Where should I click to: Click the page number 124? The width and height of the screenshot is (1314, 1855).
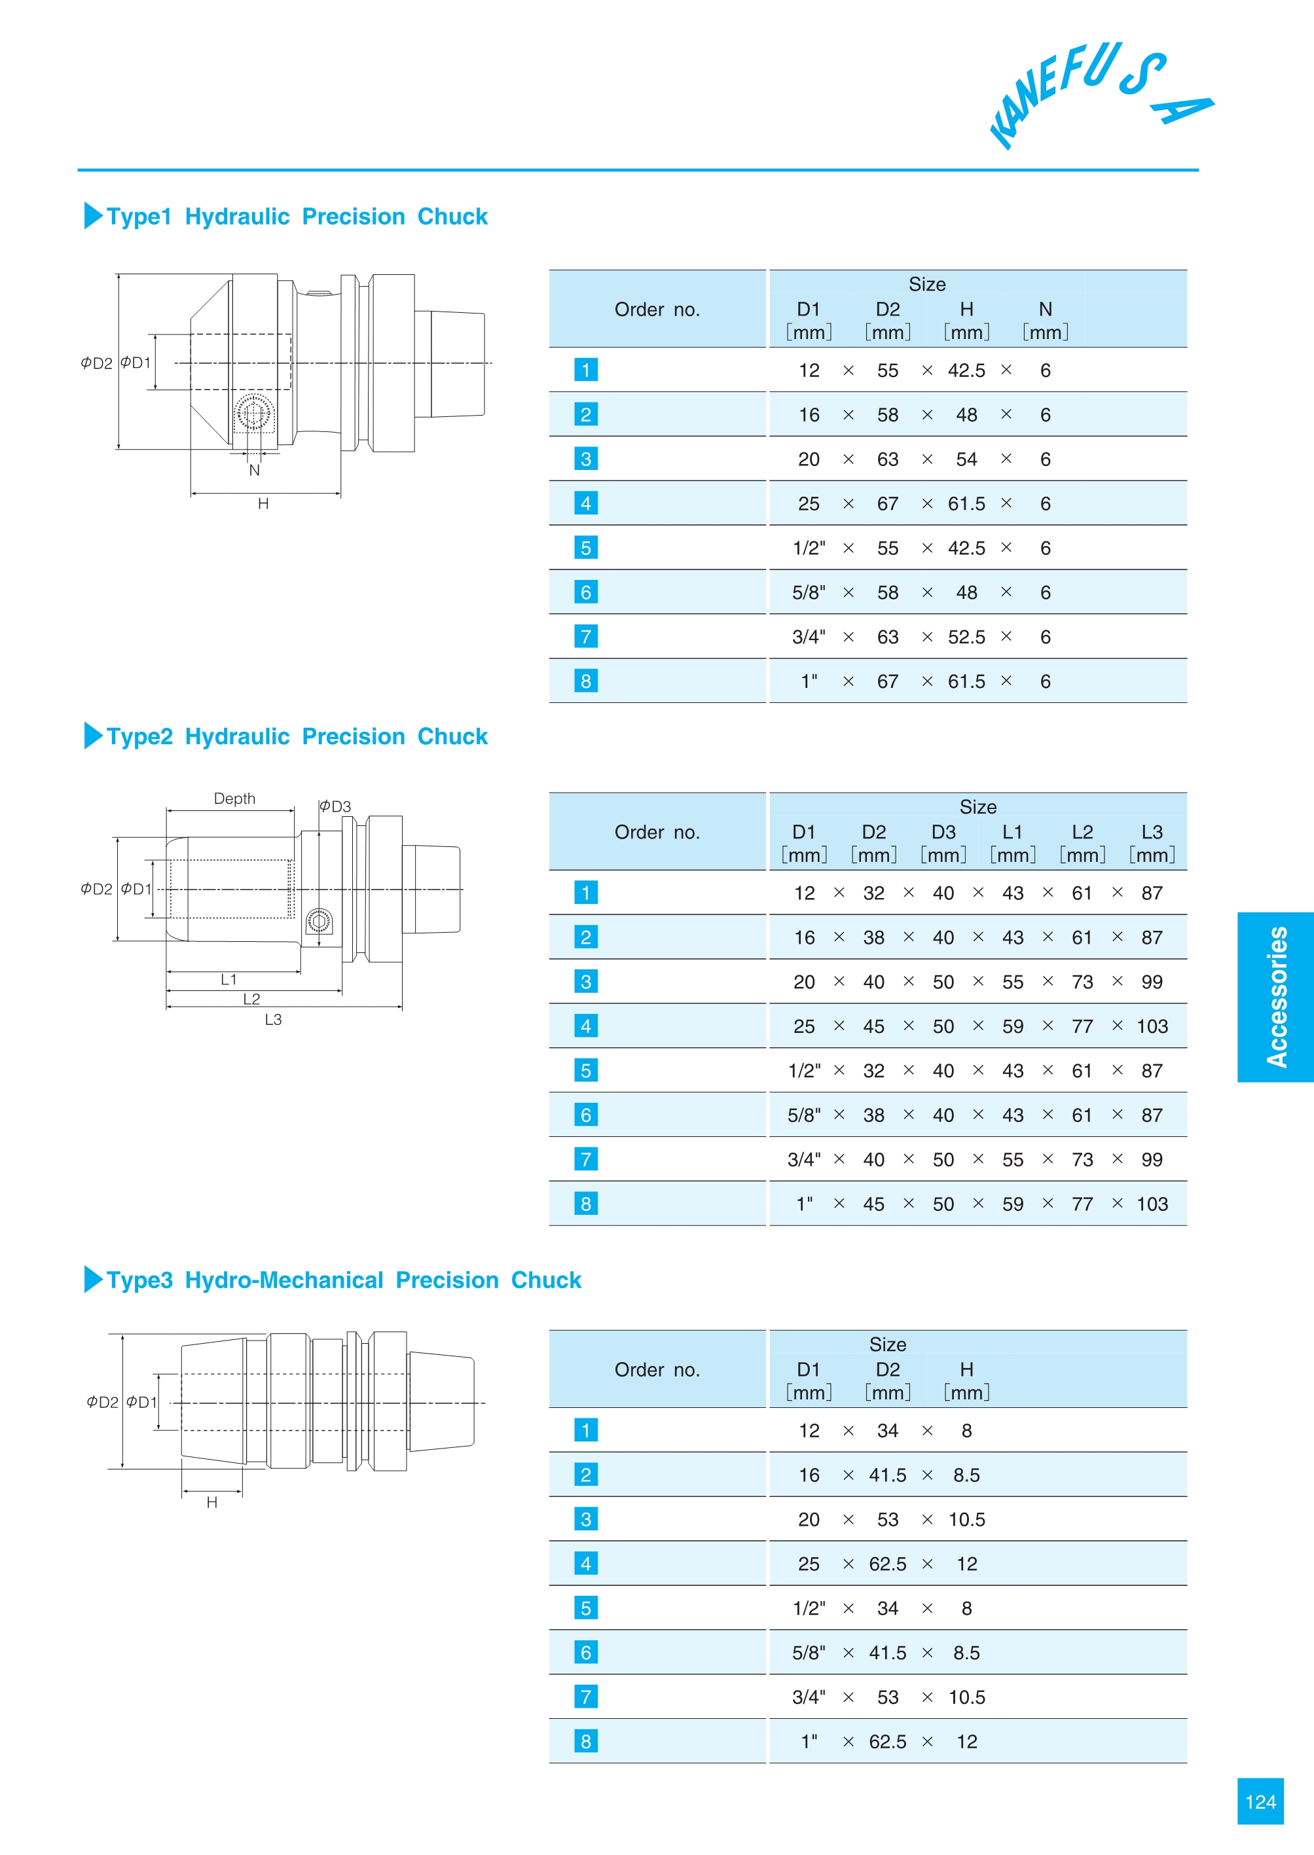tap(1260, 1801)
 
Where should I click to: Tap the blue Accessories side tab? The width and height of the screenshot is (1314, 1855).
tap(1275, 997)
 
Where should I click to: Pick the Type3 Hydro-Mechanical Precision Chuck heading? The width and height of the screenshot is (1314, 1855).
tap(343, 1280)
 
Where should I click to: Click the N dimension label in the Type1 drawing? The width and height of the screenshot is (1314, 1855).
tap(254, 470)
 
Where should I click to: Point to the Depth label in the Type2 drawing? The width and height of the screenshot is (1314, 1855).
tap(234, 799)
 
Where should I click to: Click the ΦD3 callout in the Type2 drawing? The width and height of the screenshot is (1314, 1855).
tap(335, 806)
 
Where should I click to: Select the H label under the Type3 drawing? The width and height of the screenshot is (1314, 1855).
tap(212, 1502)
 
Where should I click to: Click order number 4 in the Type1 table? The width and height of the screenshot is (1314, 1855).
tap(586, 503)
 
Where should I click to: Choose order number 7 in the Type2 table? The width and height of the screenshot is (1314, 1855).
tap(586, 1159)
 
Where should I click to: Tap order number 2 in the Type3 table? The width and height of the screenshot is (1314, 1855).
tap(586, 1475)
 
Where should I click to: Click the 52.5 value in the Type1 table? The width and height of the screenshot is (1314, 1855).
tap(966, 638)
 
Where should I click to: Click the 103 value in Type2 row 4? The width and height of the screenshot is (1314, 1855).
tap(1152, 1026)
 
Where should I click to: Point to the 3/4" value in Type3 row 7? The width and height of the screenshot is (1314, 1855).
tap(809, 1697)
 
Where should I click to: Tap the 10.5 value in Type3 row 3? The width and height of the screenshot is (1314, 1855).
tap(966, 1520)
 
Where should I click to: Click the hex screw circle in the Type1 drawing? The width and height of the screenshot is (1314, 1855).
tap(253, 415)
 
